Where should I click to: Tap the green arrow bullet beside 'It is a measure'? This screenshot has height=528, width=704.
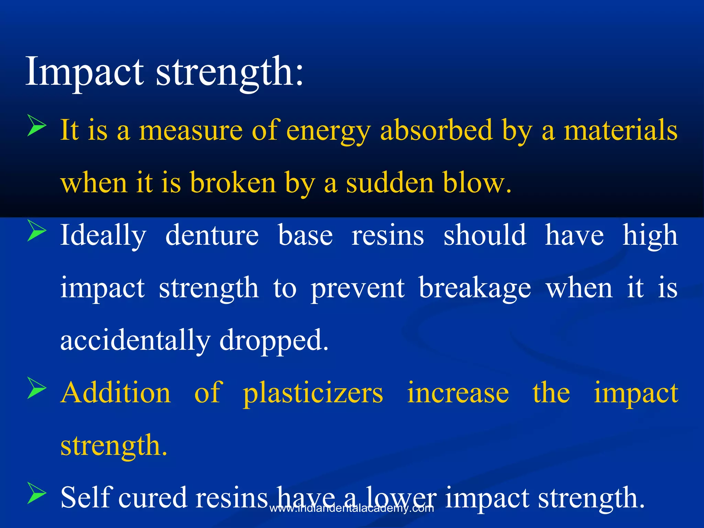coord(36,126)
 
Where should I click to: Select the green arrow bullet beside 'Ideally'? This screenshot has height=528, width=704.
coord(36,231)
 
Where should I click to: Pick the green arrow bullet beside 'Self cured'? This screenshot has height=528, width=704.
coord(36,494)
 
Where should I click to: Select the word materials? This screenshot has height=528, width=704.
coord(620,131)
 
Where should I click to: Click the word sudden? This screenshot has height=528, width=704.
coord(389,183)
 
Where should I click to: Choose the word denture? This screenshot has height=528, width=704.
coord(212,235)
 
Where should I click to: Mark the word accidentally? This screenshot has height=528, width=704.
coord(135,340)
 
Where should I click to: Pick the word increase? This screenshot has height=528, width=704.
coord(458,393)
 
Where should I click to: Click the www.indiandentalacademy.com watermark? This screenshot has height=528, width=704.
coord(352,508)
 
